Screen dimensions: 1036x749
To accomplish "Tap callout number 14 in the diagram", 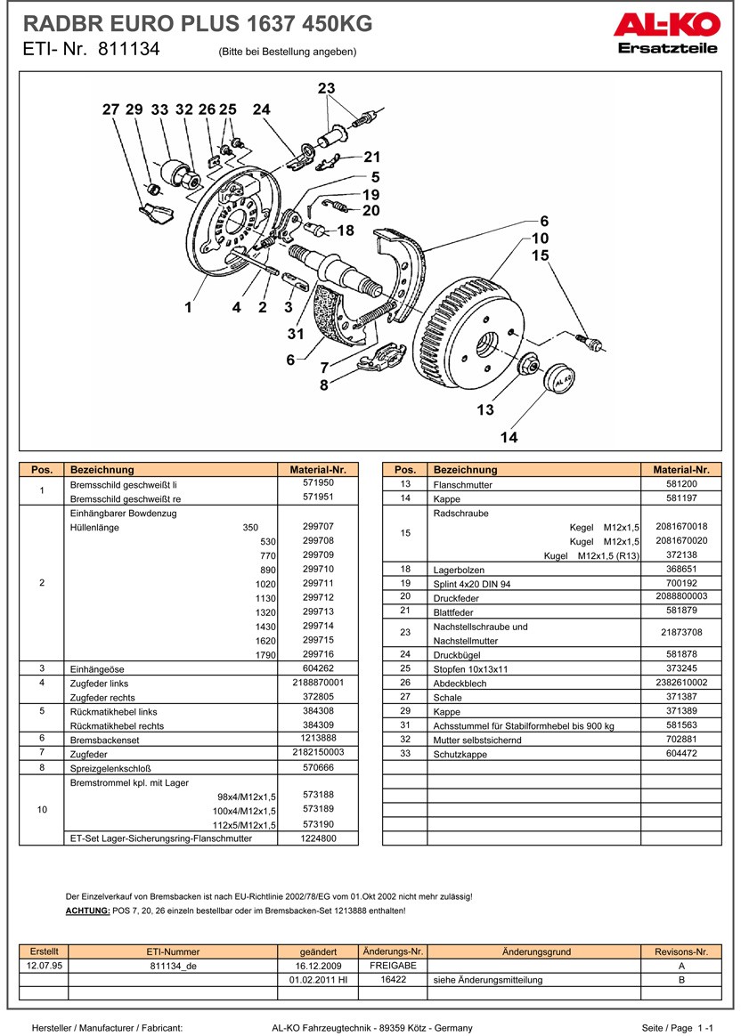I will click(x=509, y=437).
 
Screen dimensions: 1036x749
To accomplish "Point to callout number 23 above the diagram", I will click(x=327, y=88).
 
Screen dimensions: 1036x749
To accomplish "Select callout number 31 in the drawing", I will click(x=296, y=334).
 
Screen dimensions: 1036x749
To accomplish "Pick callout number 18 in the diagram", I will click(x=346, y=231).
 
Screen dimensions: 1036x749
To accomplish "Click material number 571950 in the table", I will click(x=317, y=482).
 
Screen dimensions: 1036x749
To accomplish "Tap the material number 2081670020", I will click(x=680, y=540).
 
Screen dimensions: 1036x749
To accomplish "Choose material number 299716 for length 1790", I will click(x=317, y=654).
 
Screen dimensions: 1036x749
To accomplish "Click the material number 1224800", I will click(x=317, y=838).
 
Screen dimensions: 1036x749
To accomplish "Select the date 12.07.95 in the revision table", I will click(x=44, y=966).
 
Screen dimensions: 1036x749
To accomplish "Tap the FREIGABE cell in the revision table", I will click(x=393, y=966).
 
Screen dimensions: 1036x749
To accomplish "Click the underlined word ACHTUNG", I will click(x=88, y=911).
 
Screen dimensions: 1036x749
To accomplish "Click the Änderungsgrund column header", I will click(x=535, y=951).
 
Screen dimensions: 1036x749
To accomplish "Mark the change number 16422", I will click(x=393, y=979).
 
